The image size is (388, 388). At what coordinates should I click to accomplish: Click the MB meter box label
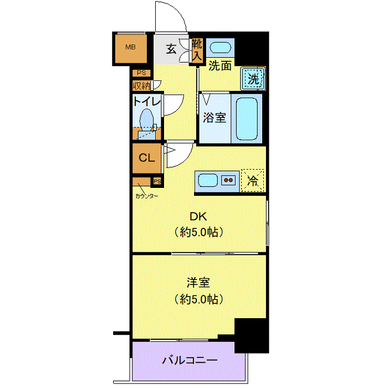(130, 47)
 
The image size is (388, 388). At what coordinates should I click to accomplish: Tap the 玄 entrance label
(171, 49)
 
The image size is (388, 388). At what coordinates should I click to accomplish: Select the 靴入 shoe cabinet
(197, 50)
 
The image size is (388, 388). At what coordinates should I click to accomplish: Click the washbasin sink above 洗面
(220, 48)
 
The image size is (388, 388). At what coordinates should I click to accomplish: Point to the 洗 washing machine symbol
(253, 79)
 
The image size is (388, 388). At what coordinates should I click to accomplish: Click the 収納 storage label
(142, 86)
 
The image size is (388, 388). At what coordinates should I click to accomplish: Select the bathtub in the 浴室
(247, 119)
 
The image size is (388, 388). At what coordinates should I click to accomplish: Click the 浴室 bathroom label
(215, 118)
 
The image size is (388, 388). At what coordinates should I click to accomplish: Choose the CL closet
(147, 159)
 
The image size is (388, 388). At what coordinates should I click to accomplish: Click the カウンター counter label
(146, 196)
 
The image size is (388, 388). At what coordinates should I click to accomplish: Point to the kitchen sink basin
(208, 180)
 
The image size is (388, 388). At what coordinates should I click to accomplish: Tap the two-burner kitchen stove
(228, 180)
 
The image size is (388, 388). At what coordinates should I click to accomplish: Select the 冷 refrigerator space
(252, 180)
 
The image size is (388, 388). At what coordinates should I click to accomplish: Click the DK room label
(198, 217)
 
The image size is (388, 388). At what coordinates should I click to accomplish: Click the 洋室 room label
(198, 282)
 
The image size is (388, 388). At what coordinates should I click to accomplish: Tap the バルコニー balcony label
(190, 360)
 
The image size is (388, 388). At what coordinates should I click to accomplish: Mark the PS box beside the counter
(157, 182)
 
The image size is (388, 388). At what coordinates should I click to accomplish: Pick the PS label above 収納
(141, 73)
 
